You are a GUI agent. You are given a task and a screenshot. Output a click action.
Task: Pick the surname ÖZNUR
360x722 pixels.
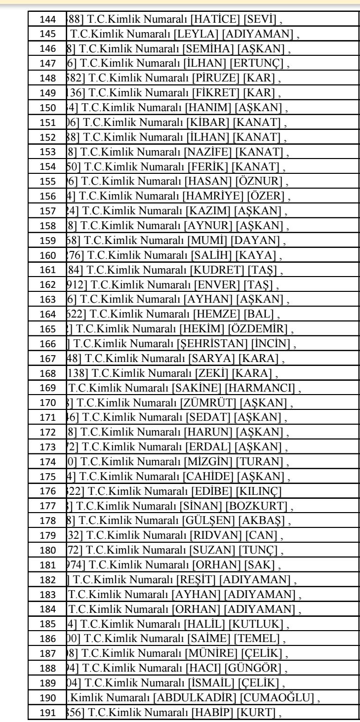point(256,178)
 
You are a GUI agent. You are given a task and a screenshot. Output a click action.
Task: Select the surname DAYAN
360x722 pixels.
point(256,235)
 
